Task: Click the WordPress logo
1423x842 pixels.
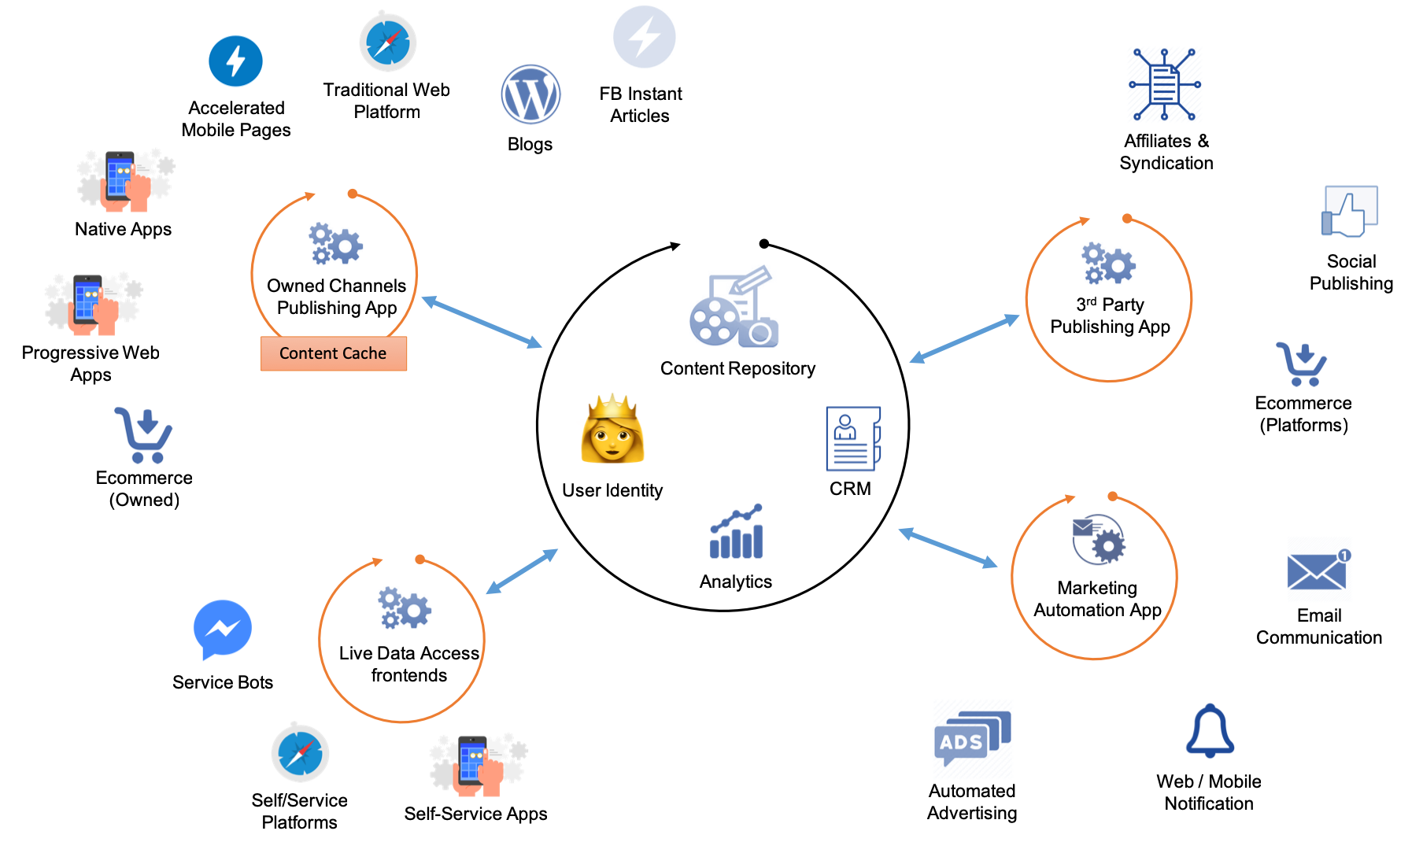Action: pos(531,94)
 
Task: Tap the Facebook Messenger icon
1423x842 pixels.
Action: pos(223,629)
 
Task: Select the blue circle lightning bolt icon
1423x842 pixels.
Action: pos(235,61)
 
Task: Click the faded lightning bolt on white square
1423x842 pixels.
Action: pos(645,37)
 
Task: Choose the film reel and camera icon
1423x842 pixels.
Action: pos(734,306)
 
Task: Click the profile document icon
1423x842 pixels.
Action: pos(853,438)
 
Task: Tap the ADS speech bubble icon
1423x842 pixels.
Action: pos(973,739)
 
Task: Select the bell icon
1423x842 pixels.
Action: pos(1210,731)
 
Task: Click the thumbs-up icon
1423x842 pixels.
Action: pos(1349,212)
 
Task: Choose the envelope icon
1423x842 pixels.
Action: pos(1320,570)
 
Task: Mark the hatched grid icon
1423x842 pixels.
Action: pos(1165,85)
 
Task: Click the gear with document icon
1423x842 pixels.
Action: pos(1100,539)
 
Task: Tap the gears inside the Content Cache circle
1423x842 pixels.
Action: pos(336,244)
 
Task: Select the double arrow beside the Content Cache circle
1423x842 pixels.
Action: pos(482,322)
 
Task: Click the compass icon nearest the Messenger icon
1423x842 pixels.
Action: pos(301,753)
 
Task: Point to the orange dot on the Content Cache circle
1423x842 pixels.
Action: pos(353,194)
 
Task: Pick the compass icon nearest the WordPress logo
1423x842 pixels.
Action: pos(388,42)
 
